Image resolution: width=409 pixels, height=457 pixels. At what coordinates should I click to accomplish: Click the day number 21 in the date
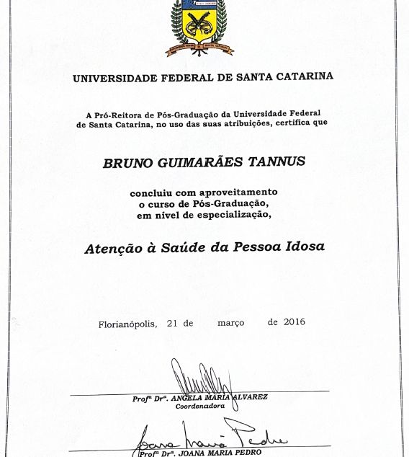click(172, 324)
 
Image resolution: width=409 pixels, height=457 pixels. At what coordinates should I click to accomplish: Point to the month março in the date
click(230, 323)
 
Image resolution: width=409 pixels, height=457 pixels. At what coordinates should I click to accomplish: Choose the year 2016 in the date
click(294, 321)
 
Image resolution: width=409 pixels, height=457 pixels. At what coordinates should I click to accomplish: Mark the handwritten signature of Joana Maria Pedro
click(209, 438)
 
